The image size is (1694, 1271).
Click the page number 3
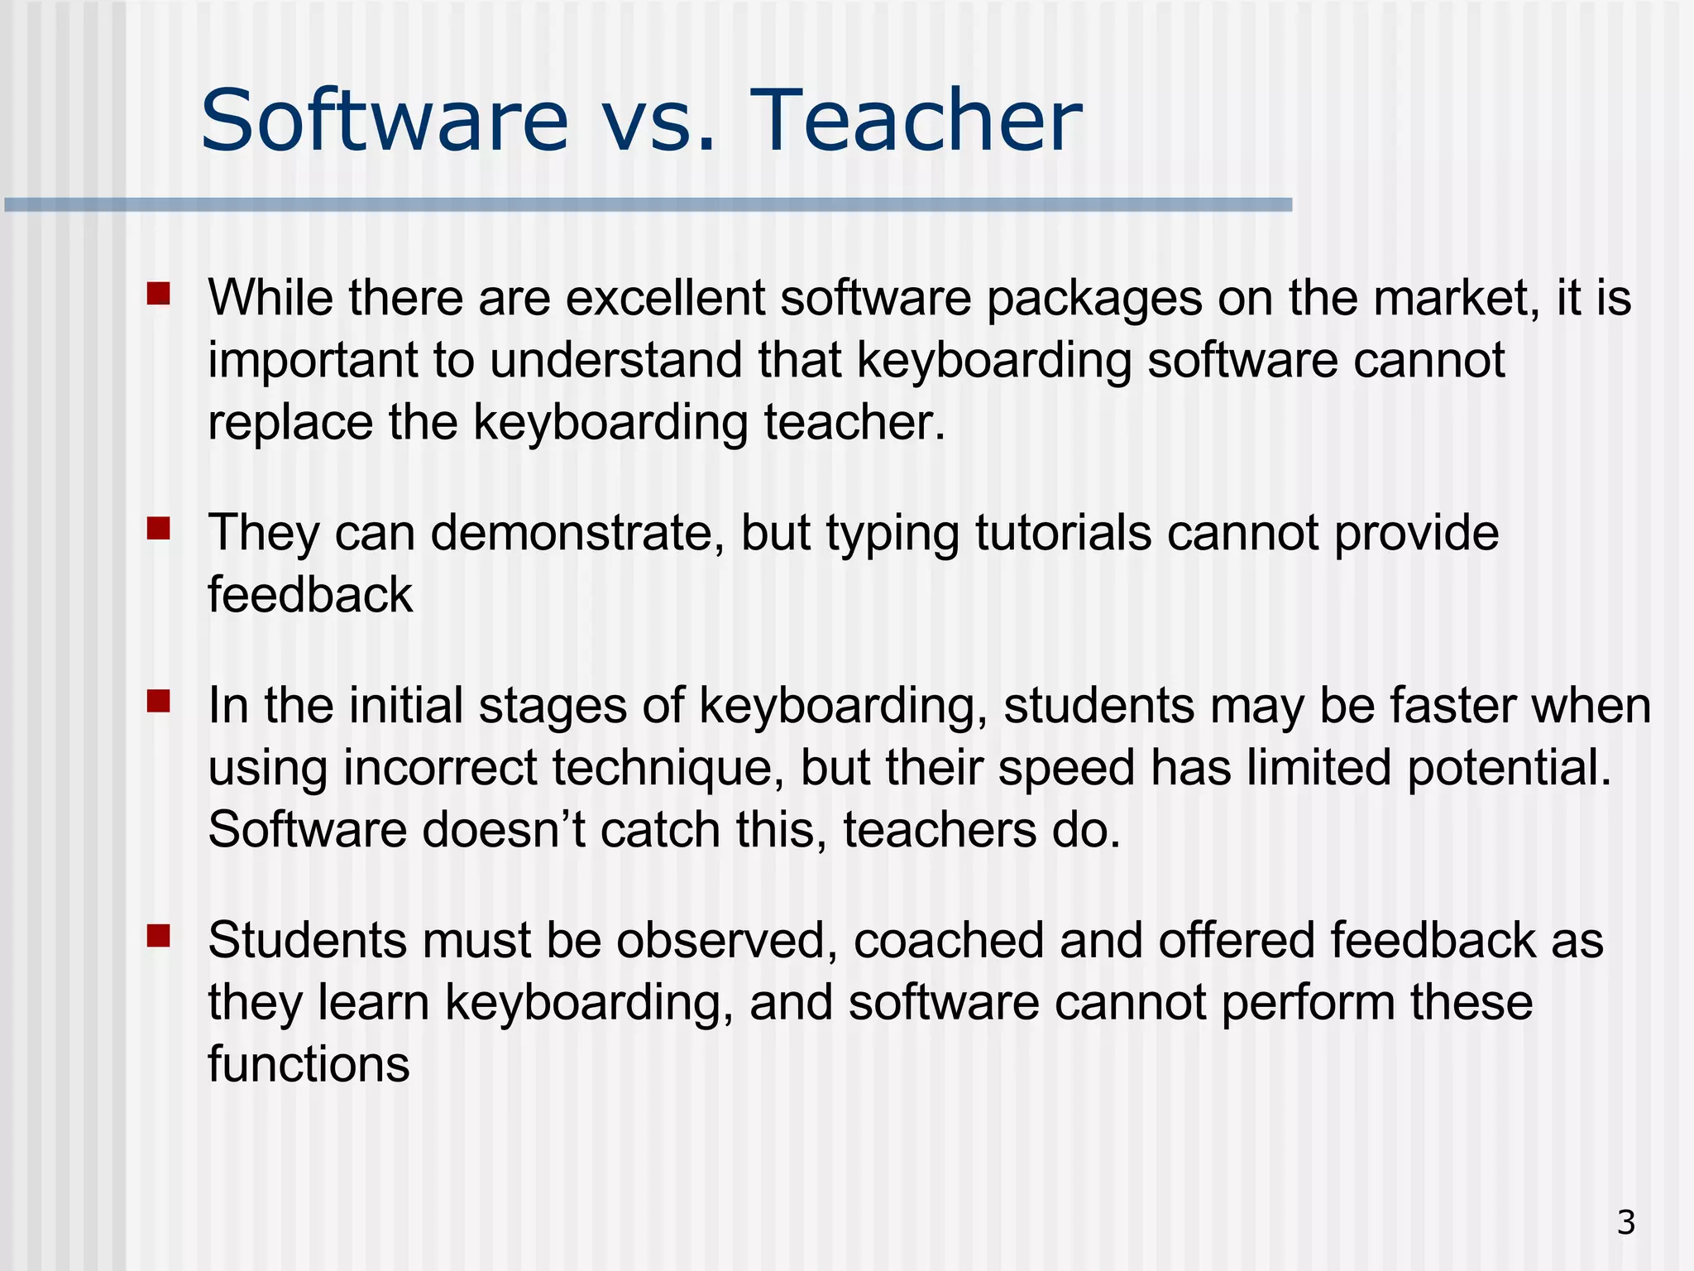(1625, 1222)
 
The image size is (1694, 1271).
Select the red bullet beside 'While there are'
(158, 294)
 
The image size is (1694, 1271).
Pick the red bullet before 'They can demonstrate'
(158, 528)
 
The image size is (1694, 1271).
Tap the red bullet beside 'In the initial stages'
(158, 702)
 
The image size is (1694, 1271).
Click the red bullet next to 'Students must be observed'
(158, 936)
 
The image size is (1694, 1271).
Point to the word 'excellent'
(665, 298)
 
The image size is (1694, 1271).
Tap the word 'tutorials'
(1063, 533)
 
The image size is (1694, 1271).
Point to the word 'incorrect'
(440, 768)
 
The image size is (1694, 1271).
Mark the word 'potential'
(1509, 768)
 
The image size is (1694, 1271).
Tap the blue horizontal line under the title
(648, 204)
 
